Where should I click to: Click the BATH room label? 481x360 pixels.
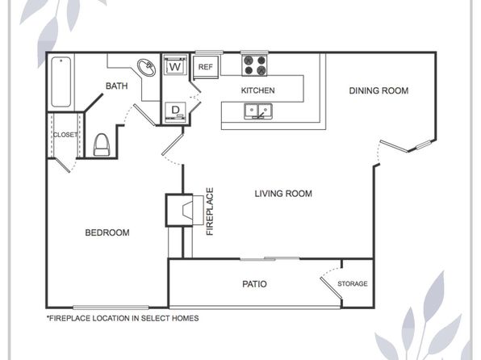116,86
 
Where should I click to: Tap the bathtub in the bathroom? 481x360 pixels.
61,82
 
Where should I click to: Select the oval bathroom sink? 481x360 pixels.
146,68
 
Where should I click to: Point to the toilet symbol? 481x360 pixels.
102,144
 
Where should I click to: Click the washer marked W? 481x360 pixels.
175,65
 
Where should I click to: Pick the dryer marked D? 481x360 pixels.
175,111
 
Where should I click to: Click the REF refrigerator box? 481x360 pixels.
206,67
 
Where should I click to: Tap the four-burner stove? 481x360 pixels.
254,65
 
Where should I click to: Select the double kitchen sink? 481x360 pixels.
258,111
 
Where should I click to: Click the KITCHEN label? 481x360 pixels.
257,90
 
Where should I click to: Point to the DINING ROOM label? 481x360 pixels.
379,90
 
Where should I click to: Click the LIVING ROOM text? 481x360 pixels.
283,194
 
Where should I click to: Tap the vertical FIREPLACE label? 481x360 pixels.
210,211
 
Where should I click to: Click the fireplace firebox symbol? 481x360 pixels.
188,211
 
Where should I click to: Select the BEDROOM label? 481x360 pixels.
107,232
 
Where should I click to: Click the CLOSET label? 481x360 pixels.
65,135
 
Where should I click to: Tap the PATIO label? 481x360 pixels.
254,284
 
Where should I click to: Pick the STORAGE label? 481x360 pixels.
353,283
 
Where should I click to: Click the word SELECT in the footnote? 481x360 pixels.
155,318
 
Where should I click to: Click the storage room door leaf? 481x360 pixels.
332,288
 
